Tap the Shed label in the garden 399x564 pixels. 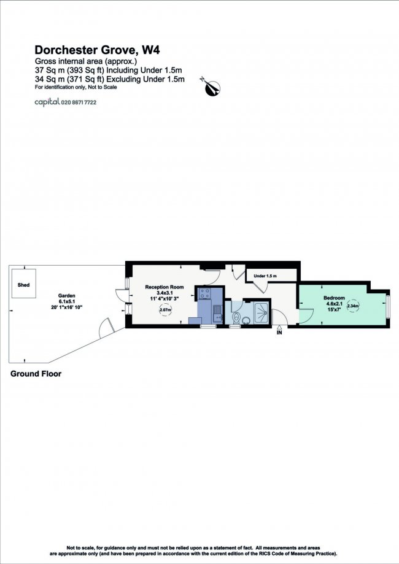point(24,285)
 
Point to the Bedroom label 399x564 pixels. point(335,298)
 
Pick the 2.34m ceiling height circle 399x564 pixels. point(353,306)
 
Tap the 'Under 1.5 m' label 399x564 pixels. point(265,276)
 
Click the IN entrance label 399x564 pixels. point(279,333)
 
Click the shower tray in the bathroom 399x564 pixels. point(257,311)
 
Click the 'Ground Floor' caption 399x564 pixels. point(36,373)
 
